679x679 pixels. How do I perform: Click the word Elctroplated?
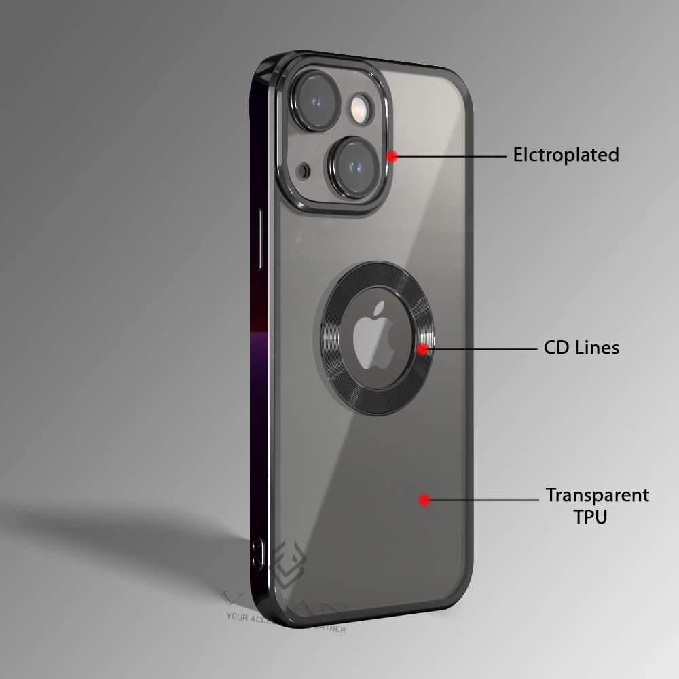coord(566,155)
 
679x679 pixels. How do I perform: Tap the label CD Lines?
coord(581,348)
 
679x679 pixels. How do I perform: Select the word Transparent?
coord(598,495)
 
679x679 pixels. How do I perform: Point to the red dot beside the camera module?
coord(391,156)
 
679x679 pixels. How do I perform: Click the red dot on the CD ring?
coord(422,349)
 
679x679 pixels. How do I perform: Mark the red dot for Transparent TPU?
coord(424,500)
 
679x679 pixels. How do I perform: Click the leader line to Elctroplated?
coord(452,156)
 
